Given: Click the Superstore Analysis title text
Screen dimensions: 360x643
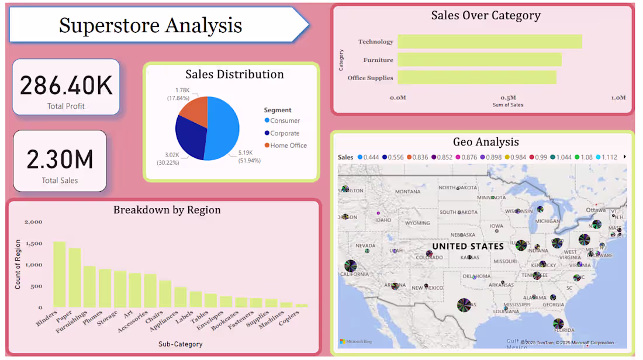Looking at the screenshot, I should [150, 25].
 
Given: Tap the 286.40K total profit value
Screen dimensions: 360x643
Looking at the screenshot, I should [66, 85].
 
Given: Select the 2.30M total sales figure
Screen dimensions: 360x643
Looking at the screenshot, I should [60, 159].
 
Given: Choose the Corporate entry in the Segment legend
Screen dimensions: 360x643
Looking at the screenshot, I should [285, 133].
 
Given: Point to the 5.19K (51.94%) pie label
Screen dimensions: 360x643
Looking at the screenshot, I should [249, 157].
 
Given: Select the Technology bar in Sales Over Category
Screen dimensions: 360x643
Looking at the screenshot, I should [490, 41].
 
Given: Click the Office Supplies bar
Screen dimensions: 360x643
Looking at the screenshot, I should [477, 78].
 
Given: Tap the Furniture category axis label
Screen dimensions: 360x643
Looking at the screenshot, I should [378, 60].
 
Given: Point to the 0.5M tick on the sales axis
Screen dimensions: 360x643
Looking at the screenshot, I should [508, 98].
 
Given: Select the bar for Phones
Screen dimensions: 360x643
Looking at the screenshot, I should [105, 288].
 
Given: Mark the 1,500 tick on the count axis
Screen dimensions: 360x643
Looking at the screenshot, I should [34, 243].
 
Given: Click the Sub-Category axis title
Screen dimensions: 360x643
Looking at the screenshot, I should [180, 344].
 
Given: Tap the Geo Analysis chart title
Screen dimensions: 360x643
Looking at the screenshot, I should [486, 141].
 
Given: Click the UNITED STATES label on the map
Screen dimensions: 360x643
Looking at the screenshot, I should [468, 246].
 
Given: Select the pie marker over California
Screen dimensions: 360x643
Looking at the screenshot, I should [350, 266].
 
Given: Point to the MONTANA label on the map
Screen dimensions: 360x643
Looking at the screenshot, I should [407, 192].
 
